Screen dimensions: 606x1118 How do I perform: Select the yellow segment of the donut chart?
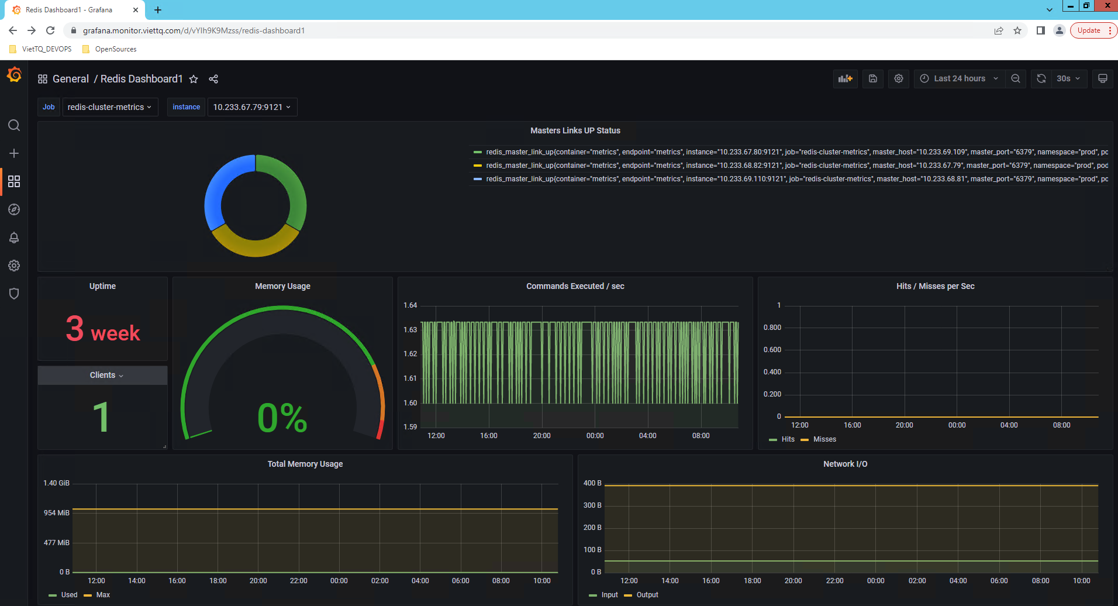(x=255, y=245)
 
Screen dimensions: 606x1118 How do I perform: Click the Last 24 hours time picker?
(x=959, y=78)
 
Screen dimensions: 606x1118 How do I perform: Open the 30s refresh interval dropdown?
(x=1068, y=78)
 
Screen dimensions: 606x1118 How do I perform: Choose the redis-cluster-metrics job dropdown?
(x=109, y=107)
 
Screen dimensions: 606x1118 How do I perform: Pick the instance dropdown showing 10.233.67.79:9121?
(x=251, y=107)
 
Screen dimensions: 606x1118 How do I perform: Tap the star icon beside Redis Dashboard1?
(x=194, y=79)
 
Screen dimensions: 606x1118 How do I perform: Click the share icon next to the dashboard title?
(x=213, y=79)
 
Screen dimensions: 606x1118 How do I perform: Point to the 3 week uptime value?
(x=103, y=329)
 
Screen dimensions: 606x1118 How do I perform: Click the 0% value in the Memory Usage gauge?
(x=282, y=418)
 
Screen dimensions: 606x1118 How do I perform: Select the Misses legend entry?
(x=824, y=439)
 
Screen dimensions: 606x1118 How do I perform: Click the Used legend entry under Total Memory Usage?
(x=69, y=595)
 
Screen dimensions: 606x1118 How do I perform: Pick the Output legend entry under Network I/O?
(x=647, y=595)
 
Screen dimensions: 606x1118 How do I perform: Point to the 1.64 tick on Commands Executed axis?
(x=410, y=305)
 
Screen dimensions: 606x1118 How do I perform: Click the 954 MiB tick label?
(x=57, y=513)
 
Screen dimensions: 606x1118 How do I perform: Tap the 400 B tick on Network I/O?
(x=592, y=483)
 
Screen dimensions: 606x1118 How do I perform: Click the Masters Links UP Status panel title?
(x=575, y=130)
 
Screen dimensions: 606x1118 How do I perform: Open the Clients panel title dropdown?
(x=106, y=375)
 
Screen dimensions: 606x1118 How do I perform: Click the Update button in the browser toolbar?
(x=1089, y=30)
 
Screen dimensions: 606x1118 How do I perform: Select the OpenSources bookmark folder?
(x=115, y=49)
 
